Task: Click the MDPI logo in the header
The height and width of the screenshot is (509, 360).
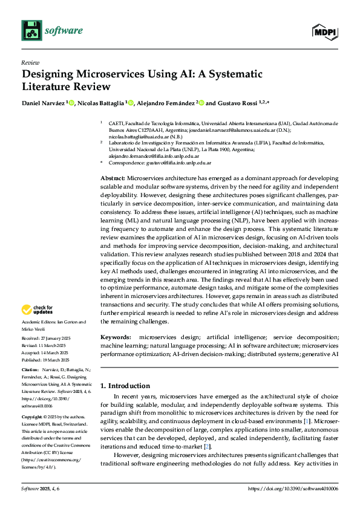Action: coord(324,31)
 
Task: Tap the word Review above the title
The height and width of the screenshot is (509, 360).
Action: coord(30,62)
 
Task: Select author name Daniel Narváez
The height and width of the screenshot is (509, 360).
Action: coord(43,103)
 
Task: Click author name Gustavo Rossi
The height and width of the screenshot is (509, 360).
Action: coord(235,103)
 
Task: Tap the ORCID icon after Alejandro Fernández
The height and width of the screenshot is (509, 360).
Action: coord(202,103)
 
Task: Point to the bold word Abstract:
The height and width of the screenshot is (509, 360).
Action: coord(112,179)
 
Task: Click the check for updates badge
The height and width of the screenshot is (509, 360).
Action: coord(37,310)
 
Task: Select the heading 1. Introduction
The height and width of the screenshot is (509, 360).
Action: coord(125,386)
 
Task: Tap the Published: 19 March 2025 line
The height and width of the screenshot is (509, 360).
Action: coord(47,358)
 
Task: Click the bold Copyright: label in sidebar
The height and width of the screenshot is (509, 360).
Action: coord(33,417)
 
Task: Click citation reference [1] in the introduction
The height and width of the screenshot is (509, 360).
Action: coord(308,419)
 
